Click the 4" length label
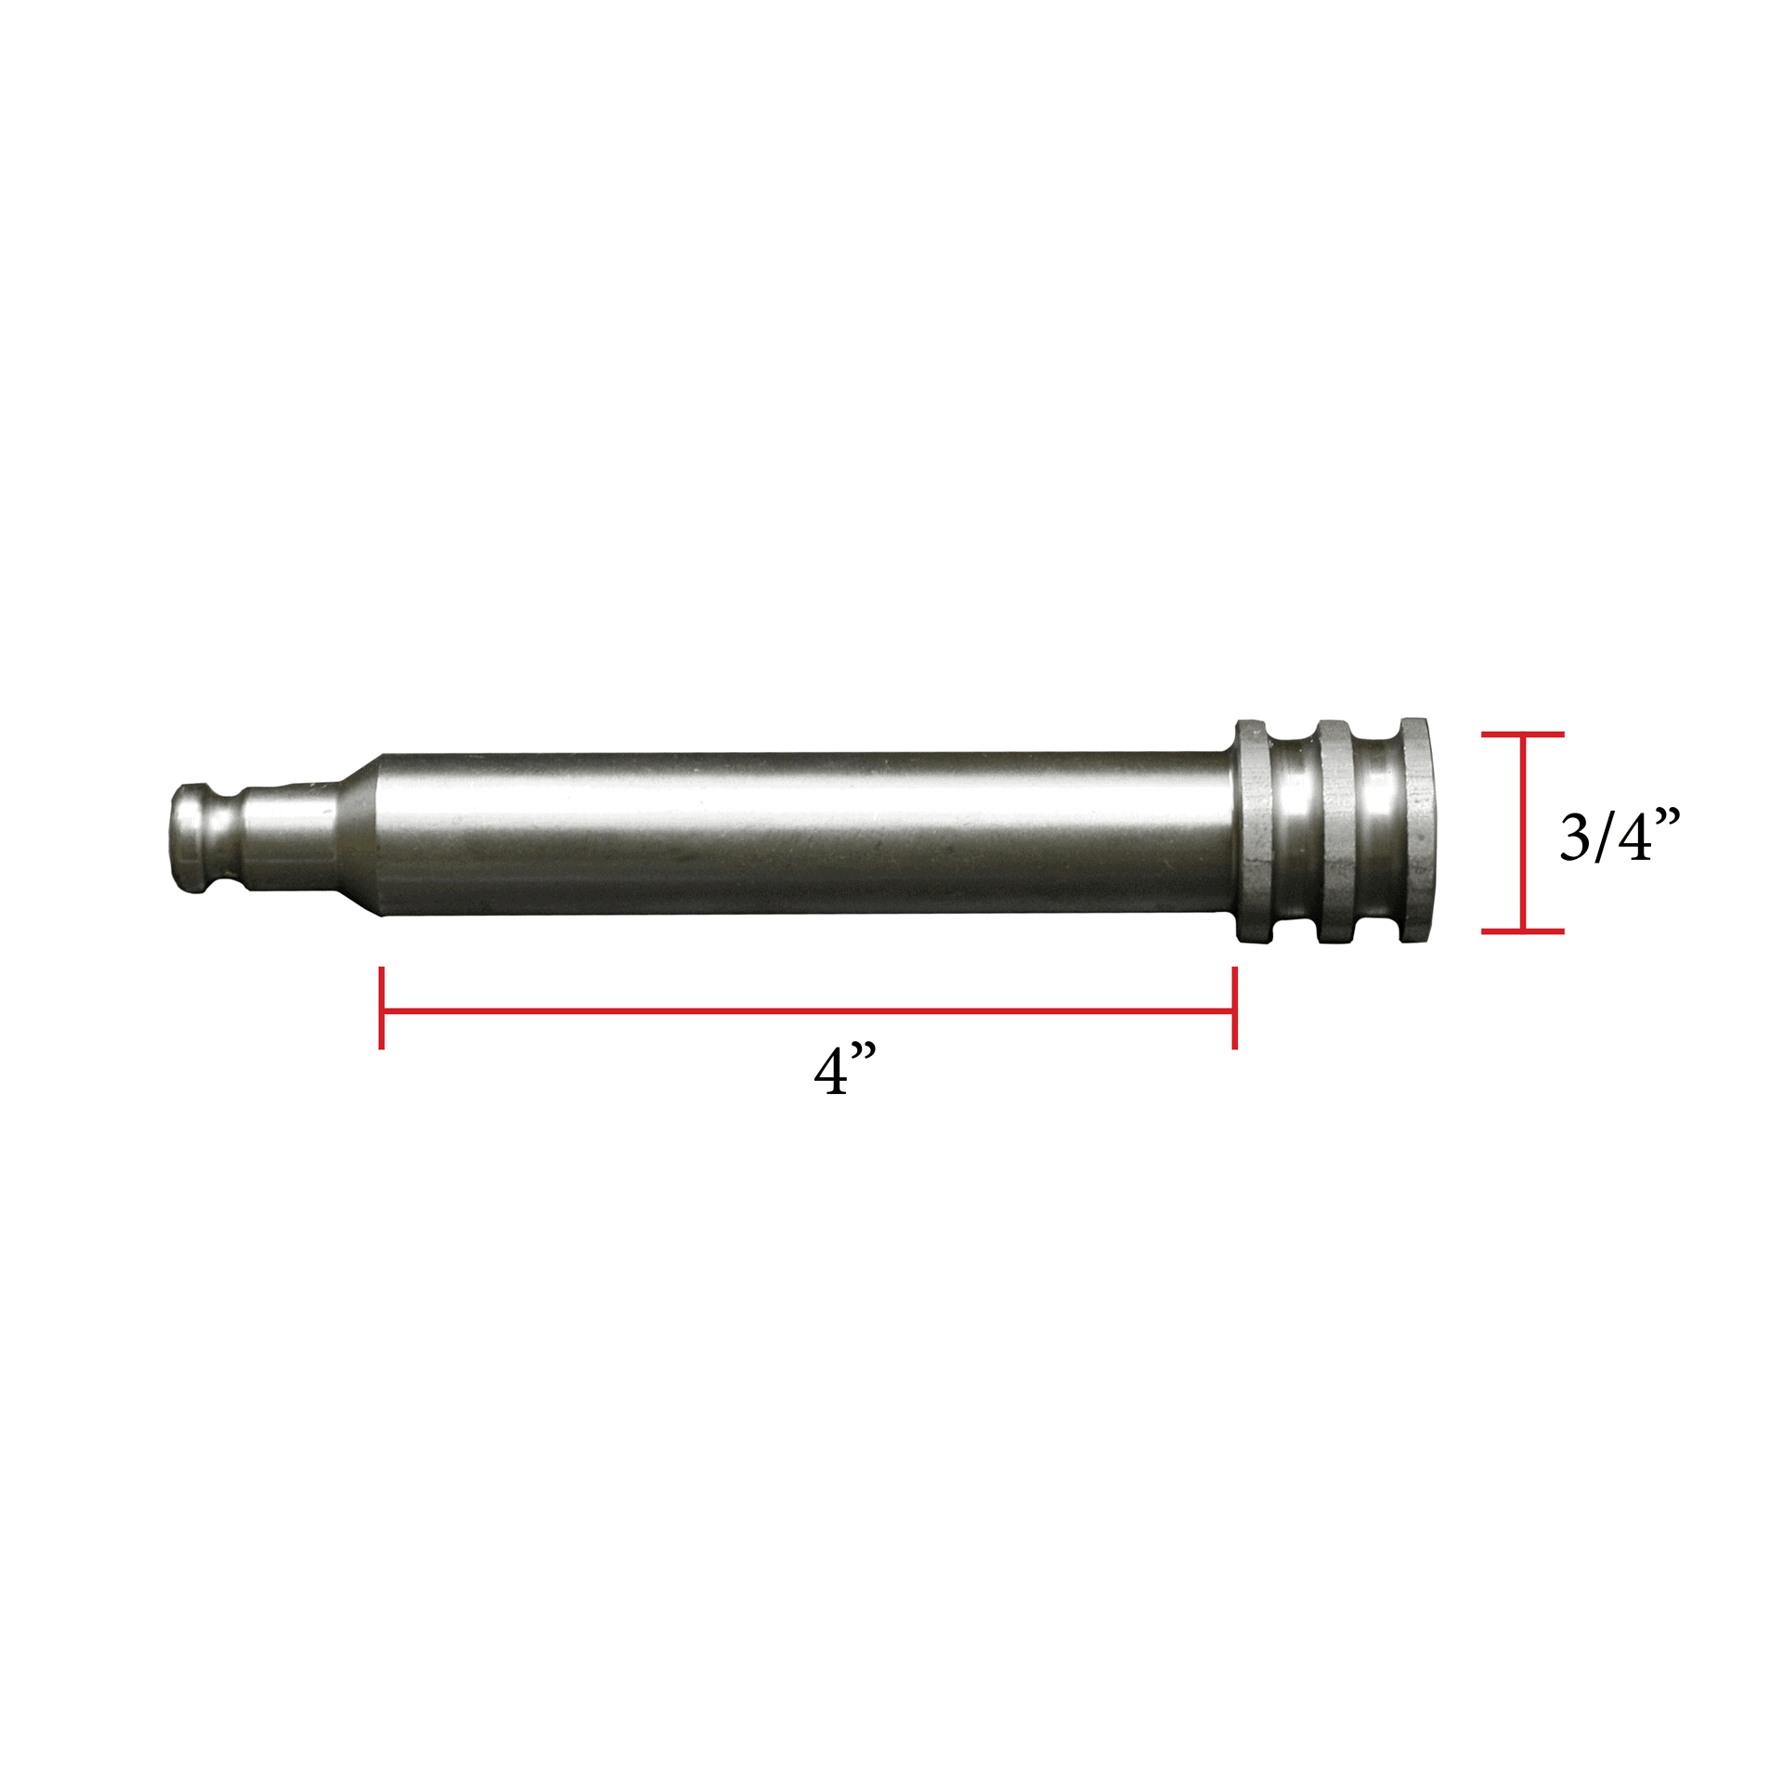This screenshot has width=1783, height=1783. pos(843,1072)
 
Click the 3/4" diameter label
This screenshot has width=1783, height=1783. pos(1619,837)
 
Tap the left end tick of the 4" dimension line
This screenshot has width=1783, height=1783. pos(382,1009)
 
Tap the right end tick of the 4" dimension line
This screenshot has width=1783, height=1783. pos(1234,1009)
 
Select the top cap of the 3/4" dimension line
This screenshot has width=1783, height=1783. pos(1523,735)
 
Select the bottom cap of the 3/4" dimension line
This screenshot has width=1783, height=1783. pos(1523,931)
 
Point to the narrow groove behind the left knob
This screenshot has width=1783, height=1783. pos(234,836)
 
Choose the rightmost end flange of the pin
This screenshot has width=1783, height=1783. pos(1414,832)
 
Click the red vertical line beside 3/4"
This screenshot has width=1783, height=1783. pos(1523,832)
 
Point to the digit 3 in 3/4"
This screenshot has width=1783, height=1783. pos(1575,838)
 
